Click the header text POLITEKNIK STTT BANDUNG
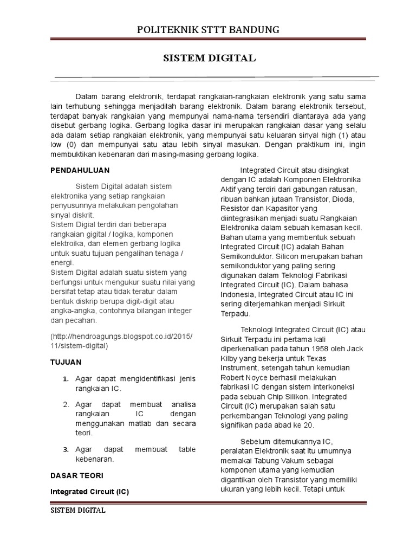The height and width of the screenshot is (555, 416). coord(208,30)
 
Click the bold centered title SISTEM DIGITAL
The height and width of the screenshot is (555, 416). coord(210,58)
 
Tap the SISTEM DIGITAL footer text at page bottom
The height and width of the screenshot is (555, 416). coord(78,511)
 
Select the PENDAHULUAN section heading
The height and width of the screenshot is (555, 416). coord(80,170)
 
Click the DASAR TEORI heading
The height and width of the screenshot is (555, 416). coord(77,475)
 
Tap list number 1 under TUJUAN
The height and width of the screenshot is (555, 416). coord(65,378)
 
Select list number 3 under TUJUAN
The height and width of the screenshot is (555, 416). coord(65,449)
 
